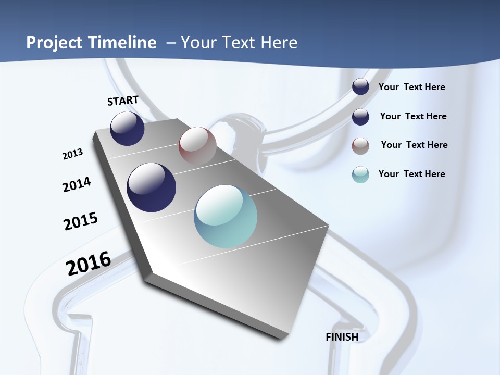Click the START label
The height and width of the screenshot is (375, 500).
[123, 101]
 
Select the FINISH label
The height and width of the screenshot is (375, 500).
[342, 337]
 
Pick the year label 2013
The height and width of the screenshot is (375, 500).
[73, 154]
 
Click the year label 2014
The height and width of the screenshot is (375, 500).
[77, 185]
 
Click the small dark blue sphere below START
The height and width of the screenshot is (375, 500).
[127, 128]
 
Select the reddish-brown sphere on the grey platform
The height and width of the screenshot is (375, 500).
[197, 146]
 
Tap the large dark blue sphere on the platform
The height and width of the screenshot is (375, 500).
[152, 187]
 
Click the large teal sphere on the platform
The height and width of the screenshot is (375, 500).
[226, 216]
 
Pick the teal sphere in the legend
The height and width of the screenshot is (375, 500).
[360, 174]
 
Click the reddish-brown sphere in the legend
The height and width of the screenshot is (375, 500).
[360, 146]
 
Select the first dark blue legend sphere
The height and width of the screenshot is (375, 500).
[360, 87]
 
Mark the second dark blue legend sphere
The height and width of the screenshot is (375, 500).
[360, 117]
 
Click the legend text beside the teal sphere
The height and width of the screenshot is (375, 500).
[412, 174]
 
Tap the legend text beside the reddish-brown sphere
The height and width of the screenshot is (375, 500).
[415, 145]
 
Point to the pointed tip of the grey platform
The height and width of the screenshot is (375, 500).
[282, 337]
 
